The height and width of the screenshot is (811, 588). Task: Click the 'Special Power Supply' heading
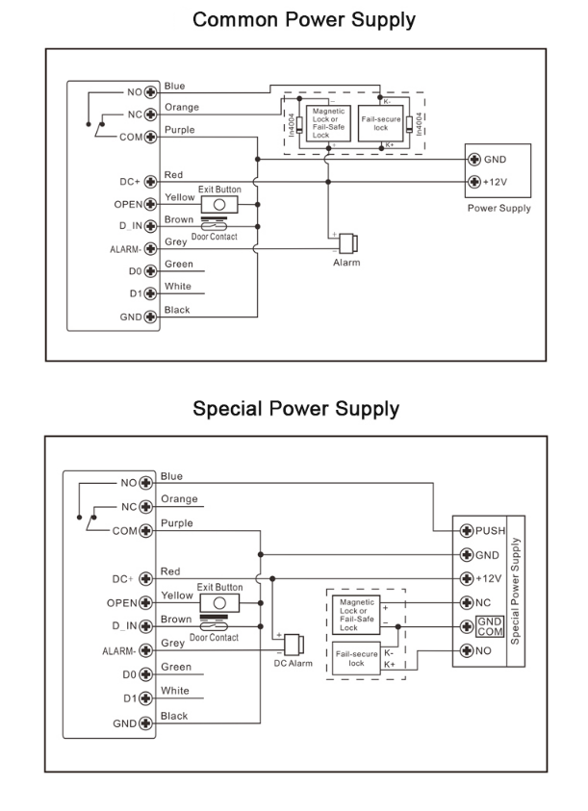coord(295,409)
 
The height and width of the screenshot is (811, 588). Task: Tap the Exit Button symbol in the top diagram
coord(219,205)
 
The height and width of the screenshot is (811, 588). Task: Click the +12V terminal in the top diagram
coord(473,183)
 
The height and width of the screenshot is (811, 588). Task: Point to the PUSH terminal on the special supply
coord(468,530)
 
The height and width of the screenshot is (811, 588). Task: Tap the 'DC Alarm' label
coord(293,664)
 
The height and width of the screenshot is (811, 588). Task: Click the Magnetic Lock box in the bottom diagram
coord(355,615)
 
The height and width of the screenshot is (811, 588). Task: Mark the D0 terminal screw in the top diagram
coord(150,271)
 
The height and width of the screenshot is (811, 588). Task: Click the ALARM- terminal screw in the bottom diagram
coord(146,650)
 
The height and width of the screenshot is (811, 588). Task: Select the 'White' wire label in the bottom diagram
coord(175,691)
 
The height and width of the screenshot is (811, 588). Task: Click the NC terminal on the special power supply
coord(468,603)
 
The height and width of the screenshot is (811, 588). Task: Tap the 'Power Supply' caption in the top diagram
coord(499,208)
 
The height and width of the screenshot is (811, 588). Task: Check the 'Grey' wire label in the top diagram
coord(175,241)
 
